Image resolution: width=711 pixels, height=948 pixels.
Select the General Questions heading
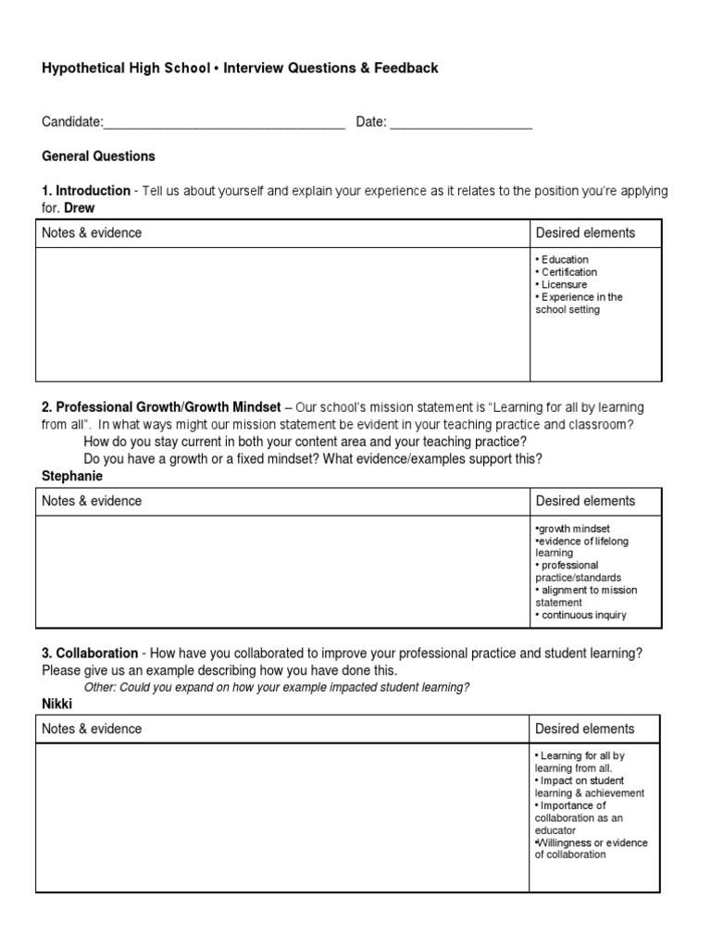pos(98,156)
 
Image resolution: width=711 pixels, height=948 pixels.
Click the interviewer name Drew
pos(80,208)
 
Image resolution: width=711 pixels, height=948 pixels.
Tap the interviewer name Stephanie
pos(72,476)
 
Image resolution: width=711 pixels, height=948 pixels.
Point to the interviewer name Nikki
pos(57,705)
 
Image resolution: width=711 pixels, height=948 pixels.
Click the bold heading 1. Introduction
pos(86,191)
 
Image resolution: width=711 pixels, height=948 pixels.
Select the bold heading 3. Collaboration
pos(90,654)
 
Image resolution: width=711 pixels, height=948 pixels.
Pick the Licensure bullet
pos(561,285)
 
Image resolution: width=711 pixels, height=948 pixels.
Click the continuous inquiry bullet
pos(580,615)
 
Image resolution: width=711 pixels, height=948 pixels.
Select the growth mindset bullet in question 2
pos(571,529)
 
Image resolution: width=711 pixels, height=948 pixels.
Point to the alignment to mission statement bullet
pos(585,596)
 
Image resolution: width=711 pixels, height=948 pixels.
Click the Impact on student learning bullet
pos(589,787)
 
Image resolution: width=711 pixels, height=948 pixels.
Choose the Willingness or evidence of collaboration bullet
pos(591,849)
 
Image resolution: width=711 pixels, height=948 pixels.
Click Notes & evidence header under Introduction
pos(92,233)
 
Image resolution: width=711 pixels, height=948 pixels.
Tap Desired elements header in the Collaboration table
pos(585,730)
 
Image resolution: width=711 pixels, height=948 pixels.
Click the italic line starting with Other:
pos(276,687)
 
